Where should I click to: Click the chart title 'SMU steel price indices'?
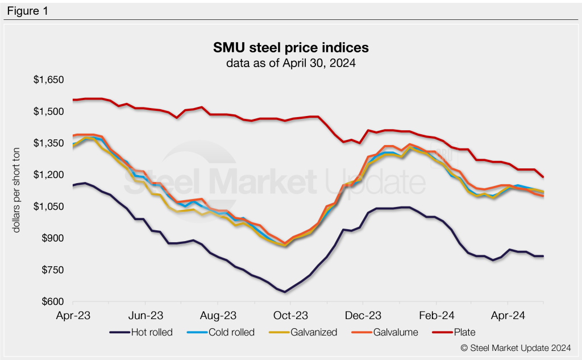[290, 47]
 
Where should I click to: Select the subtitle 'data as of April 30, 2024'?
[290, 63]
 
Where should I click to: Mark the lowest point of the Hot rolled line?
[285, 292]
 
